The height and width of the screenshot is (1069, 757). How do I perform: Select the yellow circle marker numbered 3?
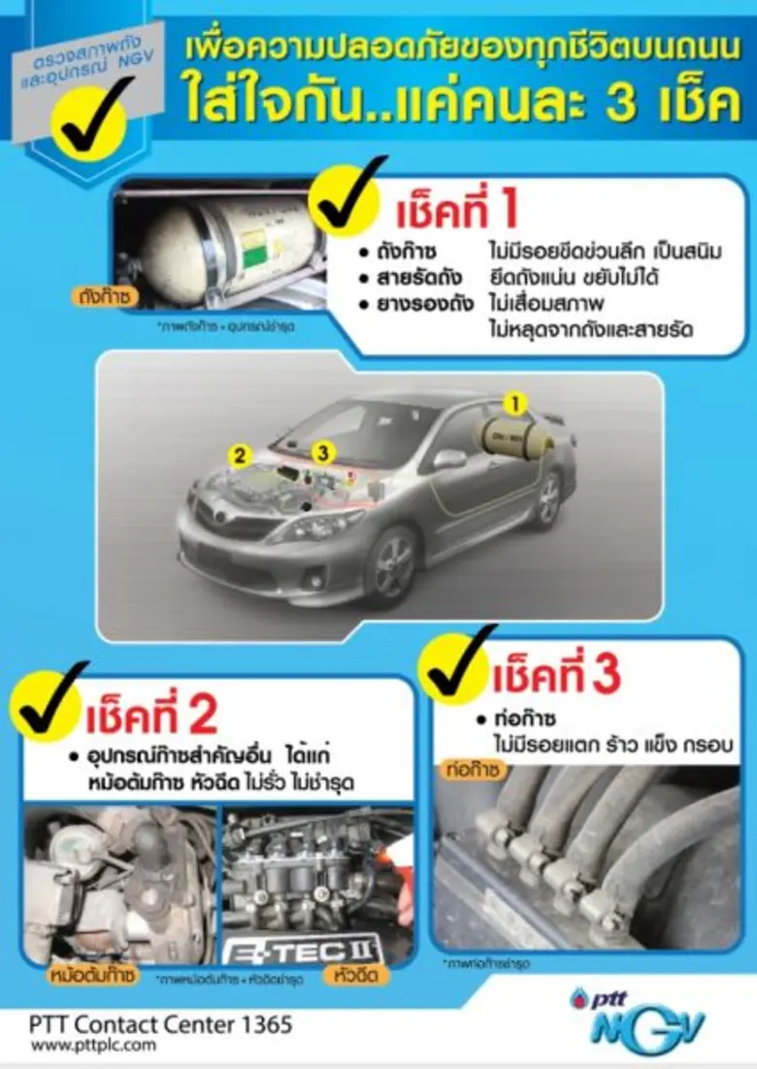(x=324, y=451)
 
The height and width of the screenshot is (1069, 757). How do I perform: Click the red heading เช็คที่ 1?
(x=457, y=211)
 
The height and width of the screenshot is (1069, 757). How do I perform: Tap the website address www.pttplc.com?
(x=92, y=1046)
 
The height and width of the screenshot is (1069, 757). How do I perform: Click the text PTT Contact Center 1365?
(x=160, y=1024)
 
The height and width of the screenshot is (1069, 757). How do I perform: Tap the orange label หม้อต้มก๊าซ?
(x=92, y=974)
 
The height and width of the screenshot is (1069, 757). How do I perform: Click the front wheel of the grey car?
(x=394, y=567)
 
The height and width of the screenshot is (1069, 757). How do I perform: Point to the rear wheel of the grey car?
(x=547, y=497)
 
